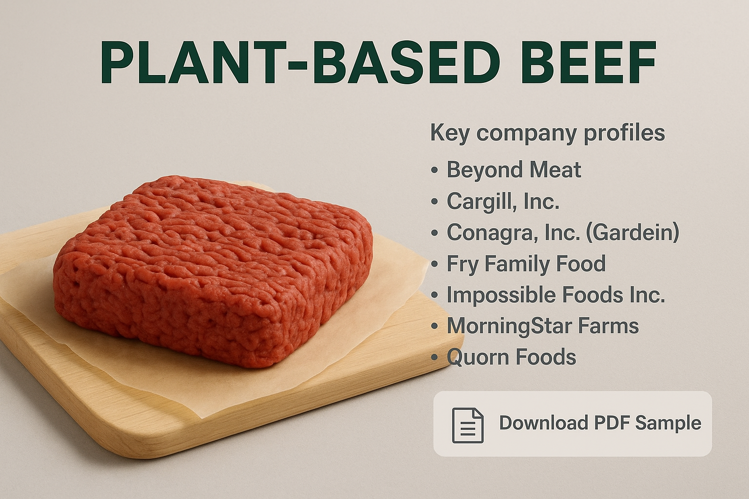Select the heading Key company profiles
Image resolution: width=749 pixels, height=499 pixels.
[x=548, y=133]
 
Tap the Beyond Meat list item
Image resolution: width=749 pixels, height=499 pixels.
[x=513, y=170]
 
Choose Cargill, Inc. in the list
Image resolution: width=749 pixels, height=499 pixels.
[x=503, y=201]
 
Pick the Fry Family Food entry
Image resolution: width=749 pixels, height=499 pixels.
[x=526, y=263]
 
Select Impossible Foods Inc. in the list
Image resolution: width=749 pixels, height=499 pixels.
[x=556, y=294]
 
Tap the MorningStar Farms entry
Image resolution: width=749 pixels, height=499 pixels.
[x=543, y=325]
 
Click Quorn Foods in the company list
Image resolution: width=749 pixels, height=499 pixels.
[x=511, y=357]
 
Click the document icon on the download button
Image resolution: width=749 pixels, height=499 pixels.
[x=468, y=425]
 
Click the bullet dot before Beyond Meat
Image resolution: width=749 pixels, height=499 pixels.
[x=434, y=171]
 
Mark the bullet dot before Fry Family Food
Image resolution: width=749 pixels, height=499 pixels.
[x=434, y=265]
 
